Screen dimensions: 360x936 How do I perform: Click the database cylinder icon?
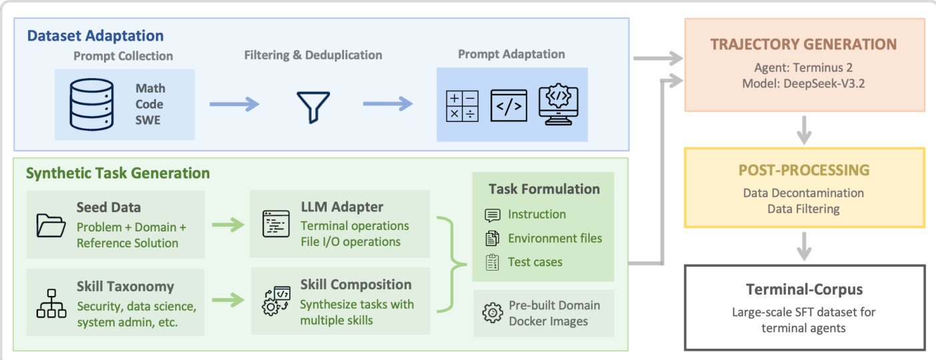pyautogui.click(x=91, y=104)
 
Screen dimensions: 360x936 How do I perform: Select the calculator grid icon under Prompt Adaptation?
pyautogui.click(x=461, y=105)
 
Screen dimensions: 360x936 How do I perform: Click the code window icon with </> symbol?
pyautogui.click(x=508, y=105)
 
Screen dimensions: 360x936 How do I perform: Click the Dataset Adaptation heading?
pyautogui.click(x=95, y=35)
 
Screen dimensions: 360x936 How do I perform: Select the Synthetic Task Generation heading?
pyautogui.click(x=117, y=173)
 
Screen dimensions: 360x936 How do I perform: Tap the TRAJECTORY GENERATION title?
pyautogui.click(x=803, y=45)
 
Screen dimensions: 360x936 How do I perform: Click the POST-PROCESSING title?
pyautogui.click(x=803, y=170)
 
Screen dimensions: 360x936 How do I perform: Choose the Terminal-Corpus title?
pyautogui.click(x=803, y=289)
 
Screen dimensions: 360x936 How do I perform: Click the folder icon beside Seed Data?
pyautogui.click(x=51, y=225)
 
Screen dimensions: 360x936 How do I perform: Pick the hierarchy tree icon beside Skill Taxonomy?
pyautogui.click(x=51, y=303)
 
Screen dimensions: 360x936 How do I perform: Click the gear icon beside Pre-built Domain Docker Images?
pyautogui.click(x=492, y=313)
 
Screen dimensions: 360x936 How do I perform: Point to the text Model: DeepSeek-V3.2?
pyautogui.click(x=803, y=84)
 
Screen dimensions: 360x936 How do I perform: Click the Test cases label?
pyautogui.click(x=535, y=262)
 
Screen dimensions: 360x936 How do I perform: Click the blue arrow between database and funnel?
pyautogui.click(x=234, y=105)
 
